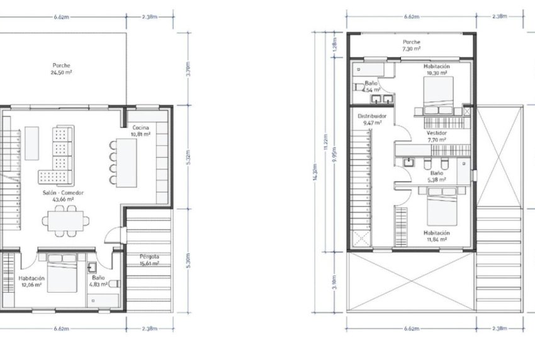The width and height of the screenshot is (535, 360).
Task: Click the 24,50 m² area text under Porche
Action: click(61, 72)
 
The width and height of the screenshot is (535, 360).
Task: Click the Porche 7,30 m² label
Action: click(412, 45)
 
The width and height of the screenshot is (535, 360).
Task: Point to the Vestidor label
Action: click(436, 137)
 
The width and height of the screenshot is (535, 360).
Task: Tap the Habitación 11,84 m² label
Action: click(436, 235)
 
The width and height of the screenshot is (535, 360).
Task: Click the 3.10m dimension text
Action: click(334, 279)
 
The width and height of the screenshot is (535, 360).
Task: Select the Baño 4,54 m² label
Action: click(371, 87)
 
